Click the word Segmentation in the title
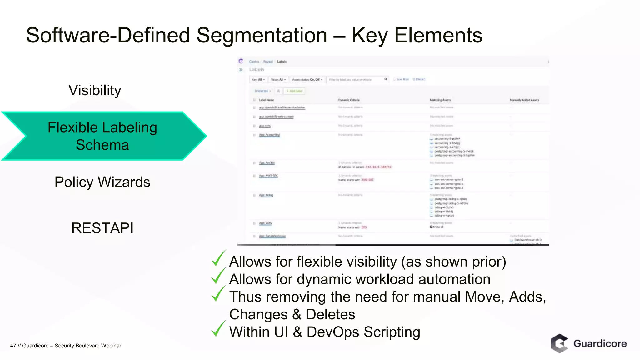coord(262,35)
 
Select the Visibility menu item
coord(95,91)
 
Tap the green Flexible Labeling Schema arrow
coord(102,136)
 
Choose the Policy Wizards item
coord(102,182)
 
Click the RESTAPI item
coord(102,228)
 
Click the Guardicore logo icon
coord(559,343)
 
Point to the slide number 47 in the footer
coord(13,346)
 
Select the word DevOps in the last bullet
coord(333,332)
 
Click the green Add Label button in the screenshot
coord(294,91)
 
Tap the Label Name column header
coord(266,100)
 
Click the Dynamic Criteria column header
coord(349,100)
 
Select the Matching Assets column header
coord(440,100)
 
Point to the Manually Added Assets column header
coord(524,100)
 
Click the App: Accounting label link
coord(269,135)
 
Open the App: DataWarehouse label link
coord(272,236)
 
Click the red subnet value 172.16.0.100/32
coord(378,167)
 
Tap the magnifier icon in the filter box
coord(386,79)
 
